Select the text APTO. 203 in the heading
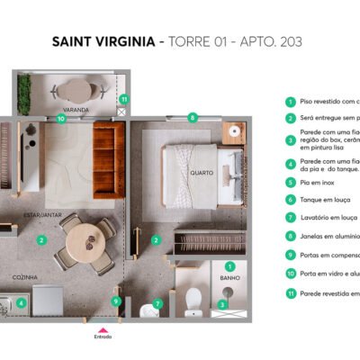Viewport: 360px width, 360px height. click(x=270, y=41)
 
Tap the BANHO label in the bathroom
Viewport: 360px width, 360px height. click(x=229, y=278)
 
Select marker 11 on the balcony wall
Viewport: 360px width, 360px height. click(x=124, y=99)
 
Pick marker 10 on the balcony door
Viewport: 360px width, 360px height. click(x=61, y=117)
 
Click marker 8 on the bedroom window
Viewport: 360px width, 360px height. click(x=193, y=117)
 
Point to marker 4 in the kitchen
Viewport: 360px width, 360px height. click(x=21, y=303)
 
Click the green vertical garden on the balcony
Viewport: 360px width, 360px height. click(x=24, y=91)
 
